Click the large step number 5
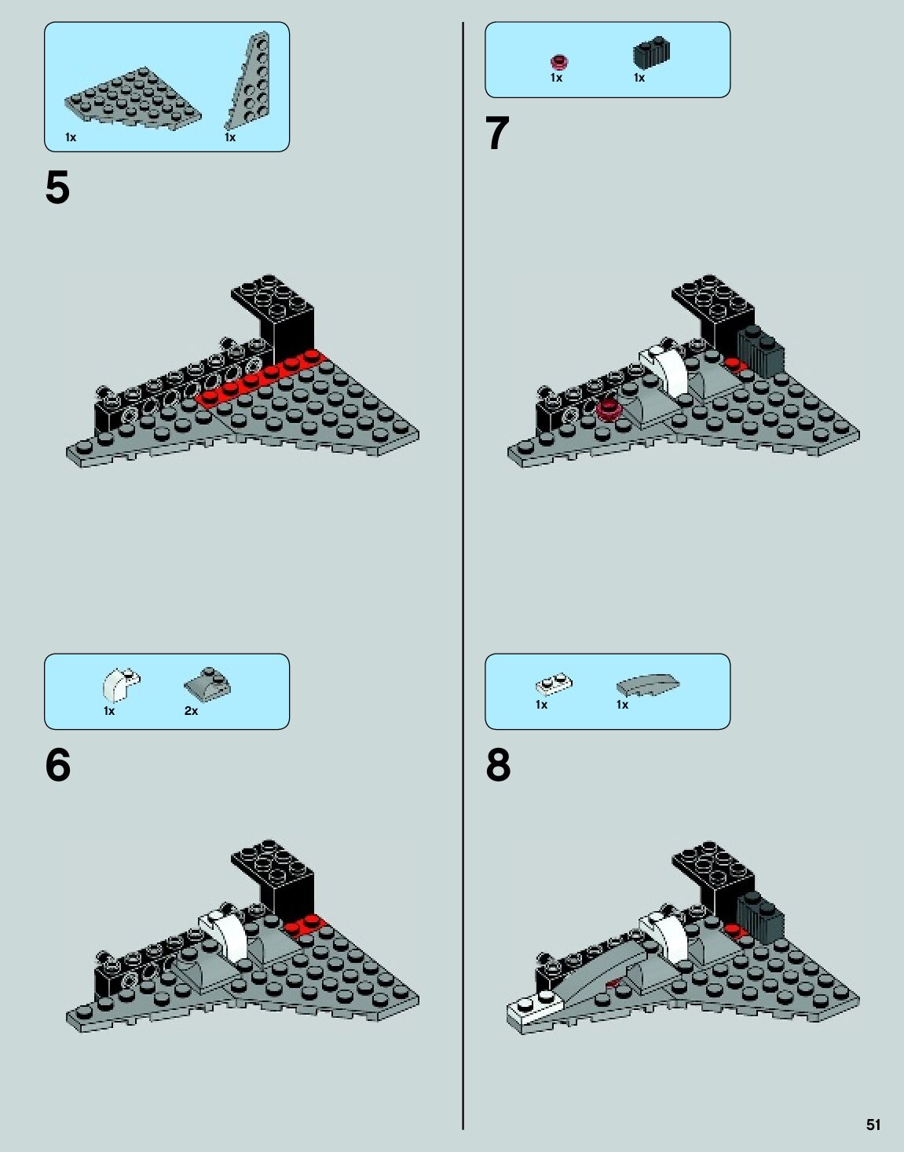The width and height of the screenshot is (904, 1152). [57, 188]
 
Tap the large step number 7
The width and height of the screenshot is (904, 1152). [497, 133]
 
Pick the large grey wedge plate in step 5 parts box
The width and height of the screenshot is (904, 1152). [133, 98]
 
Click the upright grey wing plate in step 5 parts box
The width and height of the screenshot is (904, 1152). [248, 81]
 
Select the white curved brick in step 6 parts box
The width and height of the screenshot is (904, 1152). [121, 684]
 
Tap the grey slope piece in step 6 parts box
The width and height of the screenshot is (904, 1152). [207, 684]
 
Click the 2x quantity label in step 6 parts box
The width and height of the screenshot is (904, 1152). [191, 711]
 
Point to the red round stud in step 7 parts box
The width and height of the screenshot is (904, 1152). [559, 63]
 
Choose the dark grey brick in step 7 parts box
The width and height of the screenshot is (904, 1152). [651, 52]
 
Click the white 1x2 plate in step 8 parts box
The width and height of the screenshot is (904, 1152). [554, 685]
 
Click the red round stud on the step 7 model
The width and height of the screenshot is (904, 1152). [608, 410]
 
